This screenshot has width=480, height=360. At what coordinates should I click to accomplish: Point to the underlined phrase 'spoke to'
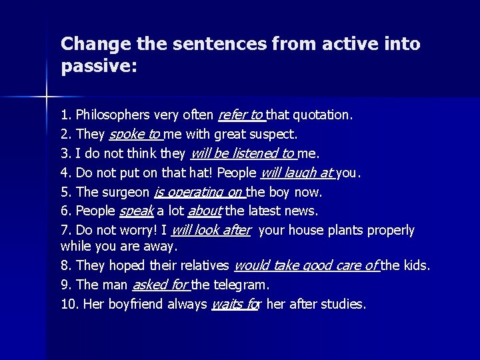coord(135,135)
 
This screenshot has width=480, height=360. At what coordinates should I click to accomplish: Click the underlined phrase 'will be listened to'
coord(242,154)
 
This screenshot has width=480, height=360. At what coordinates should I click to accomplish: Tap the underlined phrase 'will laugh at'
coord(296,173)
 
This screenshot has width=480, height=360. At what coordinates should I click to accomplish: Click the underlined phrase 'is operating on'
coord(198,193)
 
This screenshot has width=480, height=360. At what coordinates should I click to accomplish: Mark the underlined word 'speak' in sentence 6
coord(136,211)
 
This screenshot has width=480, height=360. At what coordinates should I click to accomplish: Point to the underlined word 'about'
coord(205,211)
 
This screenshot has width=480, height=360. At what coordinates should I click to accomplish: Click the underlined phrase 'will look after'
coord(211,231)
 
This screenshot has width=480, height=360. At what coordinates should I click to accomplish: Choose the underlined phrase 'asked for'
coord(160,285)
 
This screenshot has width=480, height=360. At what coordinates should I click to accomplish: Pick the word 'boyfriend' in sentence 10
coord(134,305)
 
